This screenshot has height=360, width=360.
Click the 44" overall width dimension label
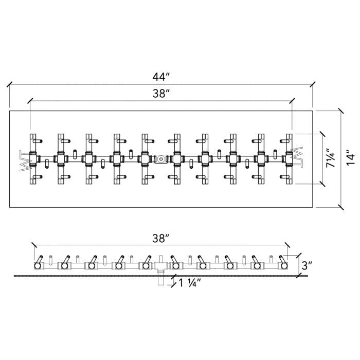click(161, 77)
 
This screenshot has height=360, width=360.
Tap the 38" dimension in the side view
click(161, 238)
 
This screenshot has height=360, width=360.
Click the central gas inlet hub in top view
click(161, 159)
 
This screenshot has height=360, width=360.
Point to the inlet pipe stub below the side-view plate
click(161, 280)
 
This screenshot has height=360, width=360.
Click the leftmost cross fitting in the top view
click(35, 158)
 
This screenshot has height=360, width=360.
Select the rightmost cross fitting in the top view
click(288, 158)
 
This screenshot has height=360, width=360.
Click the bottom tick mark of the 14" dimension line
click(340, 207)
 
